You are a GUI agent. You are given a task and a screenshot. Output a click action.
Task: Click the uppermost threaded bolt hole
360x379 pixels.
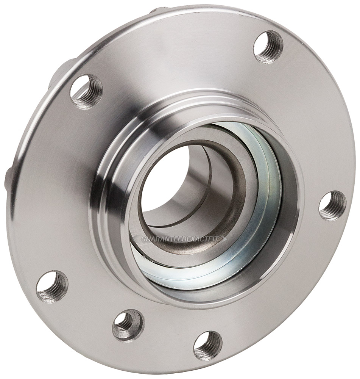pyautogui.click(x=268, y=46)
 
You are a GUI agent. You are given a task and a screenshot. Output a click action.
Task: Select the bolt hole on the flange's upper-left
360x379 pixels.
pyautogui.click(x=86, y=91)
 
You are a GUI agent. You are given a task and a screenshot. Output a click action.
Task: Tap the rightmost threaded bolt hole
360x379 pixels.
pyautogui.click(x=332, y=205)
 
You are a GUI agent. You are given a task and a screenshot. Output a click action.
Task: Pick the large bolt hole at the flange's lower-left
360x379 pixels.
pyautogui.click(x=52, y=287)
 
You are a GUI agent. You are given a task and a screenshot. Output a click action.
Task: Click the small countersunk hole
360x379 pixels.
pyautogui.click(x=128, y=325)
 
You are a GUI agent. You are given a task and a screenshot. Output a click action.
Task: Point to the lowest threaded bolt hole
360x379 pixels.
pyautogui.click(x=207, y=345)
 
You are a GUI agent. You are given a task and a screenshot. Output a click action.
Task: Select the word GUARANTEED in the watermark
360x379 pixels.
pyautogui.click(x=161, y=239)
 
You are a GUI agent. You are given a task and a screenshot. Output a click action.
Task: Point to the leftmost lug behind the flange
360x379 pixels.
pyautogui.click(x=8, y=178)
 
